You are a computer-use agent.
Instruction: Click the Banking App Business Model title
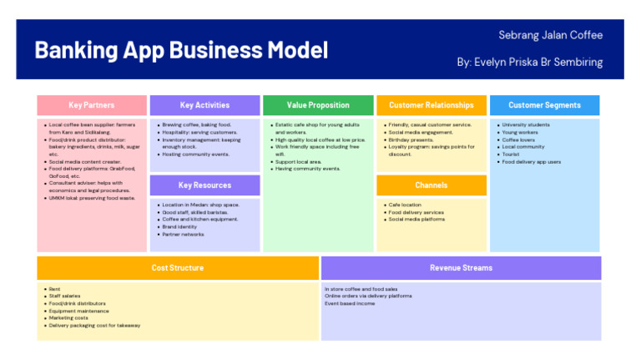pos(181,50)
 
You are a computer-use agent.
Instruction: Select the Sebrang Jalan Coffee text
pos(550,35)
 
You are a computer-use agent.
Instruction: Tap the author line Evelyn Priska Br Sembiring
pos(529,63)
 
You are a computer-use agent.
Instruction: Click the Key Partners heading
pos(92,105)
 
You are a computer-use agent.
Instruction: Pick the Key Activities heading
pos(204,105)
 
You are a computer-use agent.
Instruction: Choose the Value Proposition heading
pos(318,105)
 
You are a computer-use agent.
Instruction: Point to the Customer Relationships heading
pos(431,105)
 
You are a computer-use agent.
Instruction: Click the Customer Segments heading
pos(544,105)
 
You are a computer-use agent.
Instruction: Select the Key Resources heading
pos(204,185)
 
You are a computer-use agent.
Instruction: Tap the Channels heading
pos(431,185)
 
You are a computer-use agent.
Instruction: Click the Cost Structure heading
pos(177,268)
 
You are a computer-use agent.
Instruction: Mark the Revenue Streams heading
pos(461,268)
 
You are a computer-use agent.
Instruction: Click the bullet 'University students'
pos(526,125)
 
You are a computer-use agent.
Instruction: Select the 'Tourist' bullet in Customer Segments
pos(511,155)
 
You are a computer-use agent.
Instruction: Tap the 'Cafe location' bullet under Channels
pos(406,205)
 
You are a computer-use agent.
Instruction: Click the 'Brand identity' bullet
pos(181,226)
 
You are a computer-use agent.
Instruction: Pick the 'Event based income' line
pos(350,303)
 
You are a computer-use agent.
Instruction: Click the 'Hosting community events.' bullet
pos(195,155)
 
